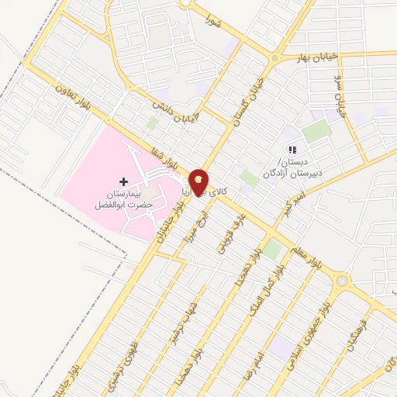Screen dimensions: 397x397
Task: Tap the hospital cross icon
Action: coord(123,181)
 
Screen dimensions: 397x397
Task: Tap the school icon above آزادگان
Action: coord(292,150)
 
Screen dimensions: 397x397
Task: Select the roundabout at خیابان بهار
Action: coord(274,59)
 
